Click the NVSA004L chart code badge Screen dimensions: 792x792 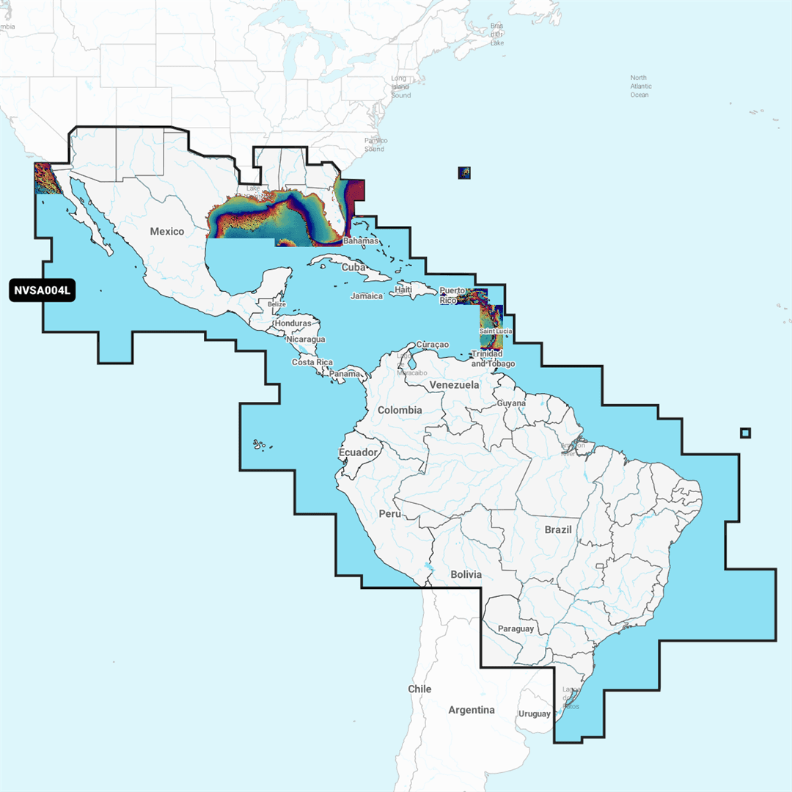[43, 290]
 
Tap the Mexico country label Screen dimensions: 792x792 [167, 232]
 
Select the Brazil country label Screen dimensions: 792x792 [558, 529]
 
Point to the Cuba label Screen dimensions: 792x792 [353, 267]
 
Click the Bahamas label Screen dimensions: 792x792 [361, 241]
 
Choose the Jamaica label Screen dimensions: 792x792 [367, 296]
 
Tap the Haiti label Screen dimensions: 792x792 [403, 290]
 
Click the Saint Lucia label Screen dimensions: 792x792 [496, 331]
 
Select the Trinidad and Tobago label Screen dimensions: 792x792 [493, 359]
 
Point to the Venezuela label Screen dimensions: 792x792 [455, 385]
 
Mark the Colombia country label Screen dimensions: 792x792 [400, 410]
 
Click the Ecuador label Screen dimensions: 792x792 [358, 452]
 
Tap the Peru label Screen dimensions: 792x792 [389, 514]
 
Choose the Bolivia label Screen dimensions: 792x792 [466, 574]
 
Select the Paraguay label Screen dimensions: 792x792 [516, 629]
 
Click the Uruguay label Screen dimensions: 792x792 [534, 714]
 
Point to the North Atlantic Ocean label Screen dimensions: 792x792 [639, 87]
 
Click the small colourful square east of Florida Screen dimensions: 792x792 [464, 172]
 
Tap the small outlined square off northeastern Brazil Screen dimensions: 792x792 [746, 433]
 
